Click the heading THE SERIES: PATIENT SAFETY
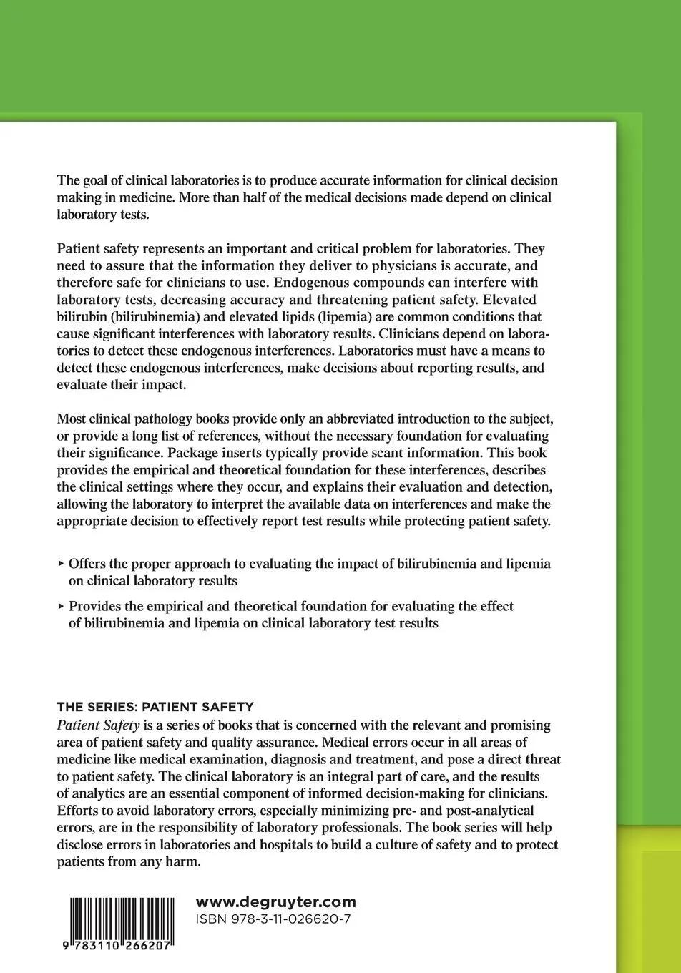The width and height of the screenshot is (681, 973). [x=155, y=707]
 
